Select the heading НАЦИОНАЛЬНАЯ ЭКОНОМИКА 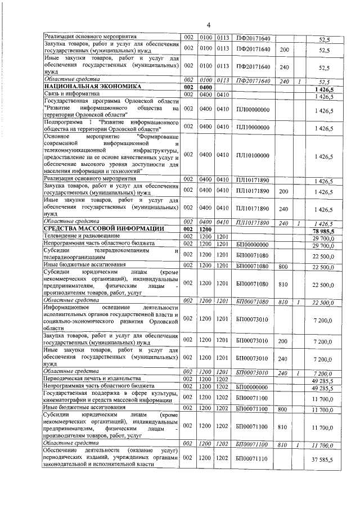point(84,88)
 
